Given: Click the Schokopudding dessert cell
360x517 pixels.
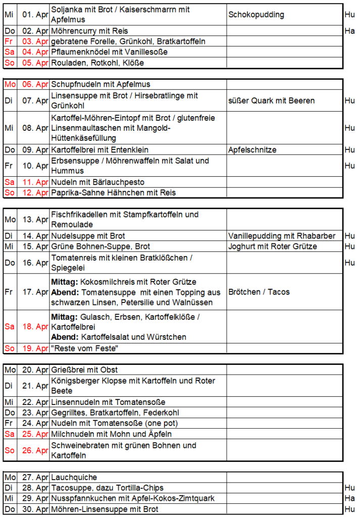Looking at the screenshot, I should [256, 15].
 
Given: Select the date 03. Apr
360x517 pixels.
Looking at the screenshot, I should [35, 41].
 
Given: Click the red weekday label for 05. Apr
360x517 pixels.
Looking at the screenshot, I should [9, 63].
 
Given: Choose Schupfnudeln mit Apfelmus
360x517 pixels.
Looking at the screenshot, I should [100, 84].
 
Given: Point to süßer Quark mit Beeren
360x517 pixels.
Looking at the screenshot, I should [271, 100].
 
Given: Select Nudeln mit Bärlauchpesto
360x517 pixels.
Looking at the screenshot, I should [97, 182].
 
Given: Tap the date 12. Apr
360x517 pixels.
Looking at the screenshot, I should [35, 192].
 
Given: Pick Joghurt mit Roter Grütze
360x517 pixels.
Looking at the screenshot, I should [273, 246].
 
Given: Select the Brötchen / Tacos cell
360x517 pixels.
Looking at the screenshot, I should [259, 292].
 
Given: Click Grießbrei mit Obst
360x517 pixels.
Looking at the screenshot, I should [84, 370].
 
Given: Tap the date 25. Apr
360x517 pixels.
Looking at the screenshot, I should [35, 434].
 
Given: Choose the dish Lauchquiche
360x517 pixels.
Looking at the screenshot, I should [74, 477].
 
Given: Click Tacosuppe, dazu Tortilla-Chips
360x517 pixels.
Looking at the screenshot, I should [107, 488].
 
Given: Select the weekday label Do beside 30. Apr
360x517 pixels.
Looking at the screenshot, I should [9, 509].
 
